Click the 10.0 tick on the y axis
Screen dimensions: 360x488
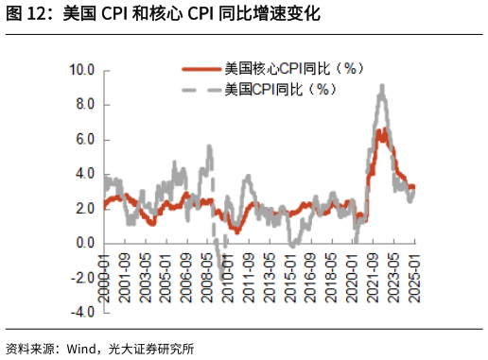point(82,70)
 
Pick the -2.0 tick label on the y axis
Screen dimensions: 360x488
point(82,279)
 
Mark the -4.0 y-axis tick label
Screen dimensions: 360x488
point(82,313)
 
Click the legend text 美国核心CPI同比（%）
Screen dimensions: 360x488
point(293,69)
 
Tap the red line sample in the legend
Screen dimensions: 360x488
point(200,69)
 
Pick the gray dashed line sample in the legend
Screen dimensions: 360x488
point(200,90)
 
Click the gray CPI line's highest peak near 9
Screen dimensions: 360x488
point(381,86)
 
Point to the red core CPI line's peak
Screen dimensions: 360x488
point(380,130)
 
